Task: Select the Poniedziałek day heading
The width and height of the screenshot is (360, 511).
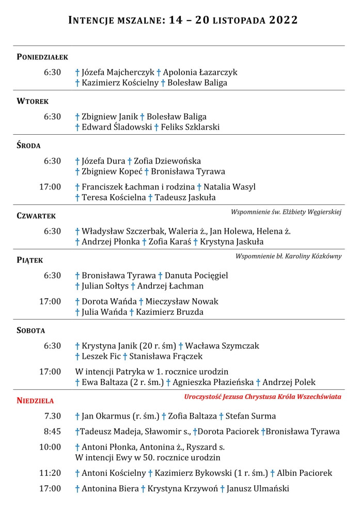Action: pos(42,57)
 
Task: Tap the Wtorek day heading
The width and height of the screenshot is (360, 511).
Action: pos(33,102)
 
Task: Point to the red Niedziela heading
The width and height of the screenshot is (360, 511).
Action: pos(35,400)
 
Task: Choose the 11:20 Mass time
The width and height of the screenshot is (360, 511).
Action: pos(50,473)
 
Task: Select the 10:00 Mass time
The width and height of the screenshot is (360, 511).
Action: pos(50,447)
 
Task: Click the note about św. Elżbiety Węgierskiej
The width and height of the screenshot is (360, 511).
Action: pos(286,212)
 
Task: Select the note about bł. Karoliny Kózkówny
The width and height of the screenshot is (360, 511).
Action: pos(288,256)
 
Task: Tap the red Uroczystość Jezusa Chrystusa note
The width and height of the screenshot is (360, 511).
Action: pos(262,396)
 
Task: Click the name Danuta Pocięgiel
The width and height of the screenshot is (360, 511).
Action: pos(196,276)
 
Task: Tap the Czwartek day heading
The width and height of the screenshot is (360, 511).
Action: pos(36,216)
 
